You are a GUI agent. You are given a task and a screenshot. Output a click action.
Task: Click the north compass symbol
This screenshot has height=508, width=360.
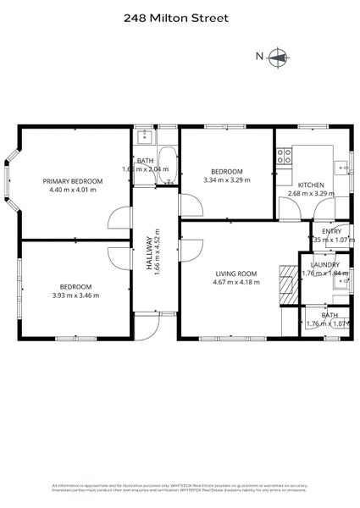click(x=278, y=58)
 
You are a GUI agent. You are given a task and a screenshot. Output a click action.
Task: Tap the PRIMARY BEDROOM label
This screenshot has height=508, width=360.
click(x=73, y=181)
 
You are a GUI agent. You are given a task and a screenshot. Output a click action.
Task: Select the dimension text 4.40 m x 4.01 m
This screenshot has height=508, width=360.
click(x=73, y=190)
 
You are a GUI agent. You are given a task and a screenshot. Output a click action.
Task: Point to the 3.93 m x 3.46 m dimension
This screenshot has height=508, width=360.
click(x=75, y=295)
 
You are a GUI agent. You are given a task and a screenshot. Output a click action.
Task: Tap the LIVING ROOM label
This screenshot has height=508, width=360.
click(x=236, y=273)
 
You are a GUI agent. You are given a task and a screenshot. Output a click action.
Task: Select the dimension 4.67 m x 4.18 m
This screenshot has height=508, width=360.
click(x=236, y=283)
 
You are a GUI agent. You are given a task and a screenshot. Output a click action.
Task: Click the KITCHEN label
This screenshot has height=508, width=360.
click(x=311, y=185)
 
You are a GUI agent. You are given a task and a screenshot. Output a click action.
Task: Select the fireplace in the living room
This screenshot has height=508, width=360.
click(x=289, y=284)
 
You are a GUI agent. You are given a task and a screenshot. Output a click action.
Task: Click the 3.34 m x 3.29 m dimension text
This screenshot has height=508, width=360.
click(x=227, y=180)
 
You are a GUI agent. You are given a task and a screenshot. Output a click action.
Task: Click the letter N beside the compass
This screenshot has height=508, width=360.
click(x=260, y=57)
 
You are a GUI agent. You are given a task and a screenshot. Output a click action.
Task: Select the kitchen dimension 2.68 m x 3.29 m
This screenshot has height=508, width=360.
click(x=311, y=194)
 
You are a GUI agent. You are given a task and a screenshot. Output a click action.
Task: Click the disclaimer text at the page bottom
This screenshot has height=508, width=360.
click(x=180, y=487)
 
